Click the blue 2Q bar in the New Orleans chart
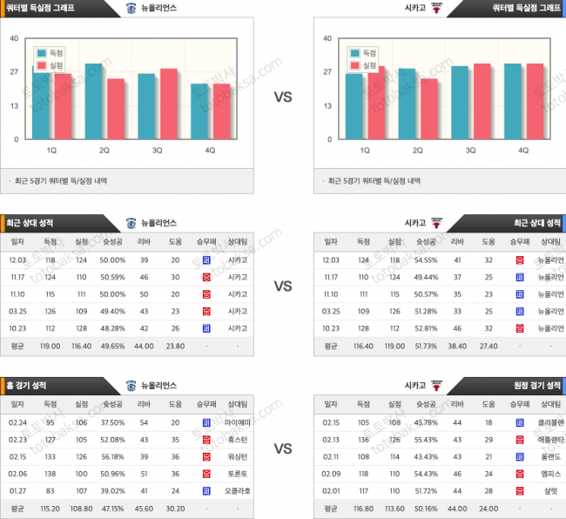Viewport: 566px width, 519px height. tap(93, 102)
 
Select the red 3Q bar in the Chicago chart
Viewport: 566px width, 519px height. tap(481, 102)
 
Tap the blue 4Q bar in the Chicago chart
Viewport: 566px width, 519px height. tap(514, 102)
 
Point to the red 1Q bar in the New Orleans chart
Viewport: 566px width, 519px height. tap(62, 106)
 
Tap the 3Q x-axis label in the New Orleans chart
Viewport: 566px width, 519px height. tap(158, 150)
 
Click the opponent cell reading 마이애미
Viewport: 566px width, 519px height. tap(237, 421)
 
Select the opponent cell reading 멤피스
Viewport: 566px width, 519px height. tap(549, 473)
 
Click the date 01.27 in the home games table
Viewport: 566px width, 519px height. tap(17, 490)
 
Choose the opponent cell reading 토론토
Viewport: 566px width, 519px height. tap(237, 473)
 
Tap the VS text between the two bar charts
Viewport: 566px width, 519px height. tap(283, 97)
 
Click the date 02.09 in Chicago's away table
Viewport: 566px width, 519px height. tap(331, 473)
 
